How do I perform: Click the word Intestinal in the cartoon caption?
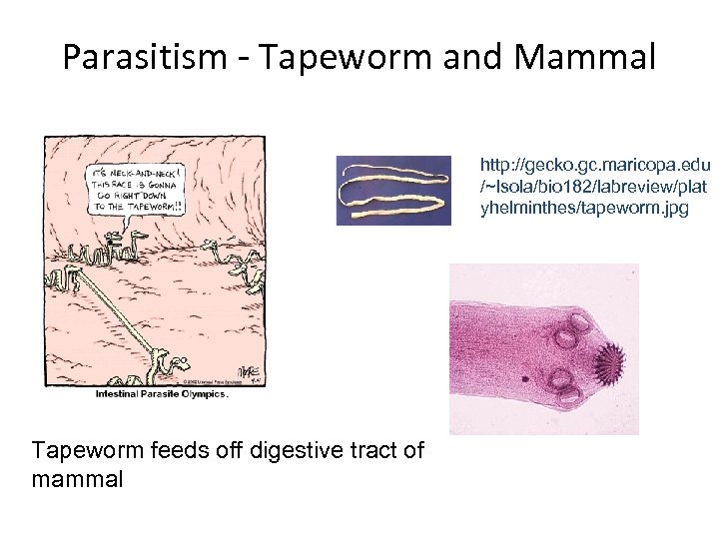click(113, 393)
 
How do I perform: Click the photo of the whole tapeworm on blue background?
click(400, 191)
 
